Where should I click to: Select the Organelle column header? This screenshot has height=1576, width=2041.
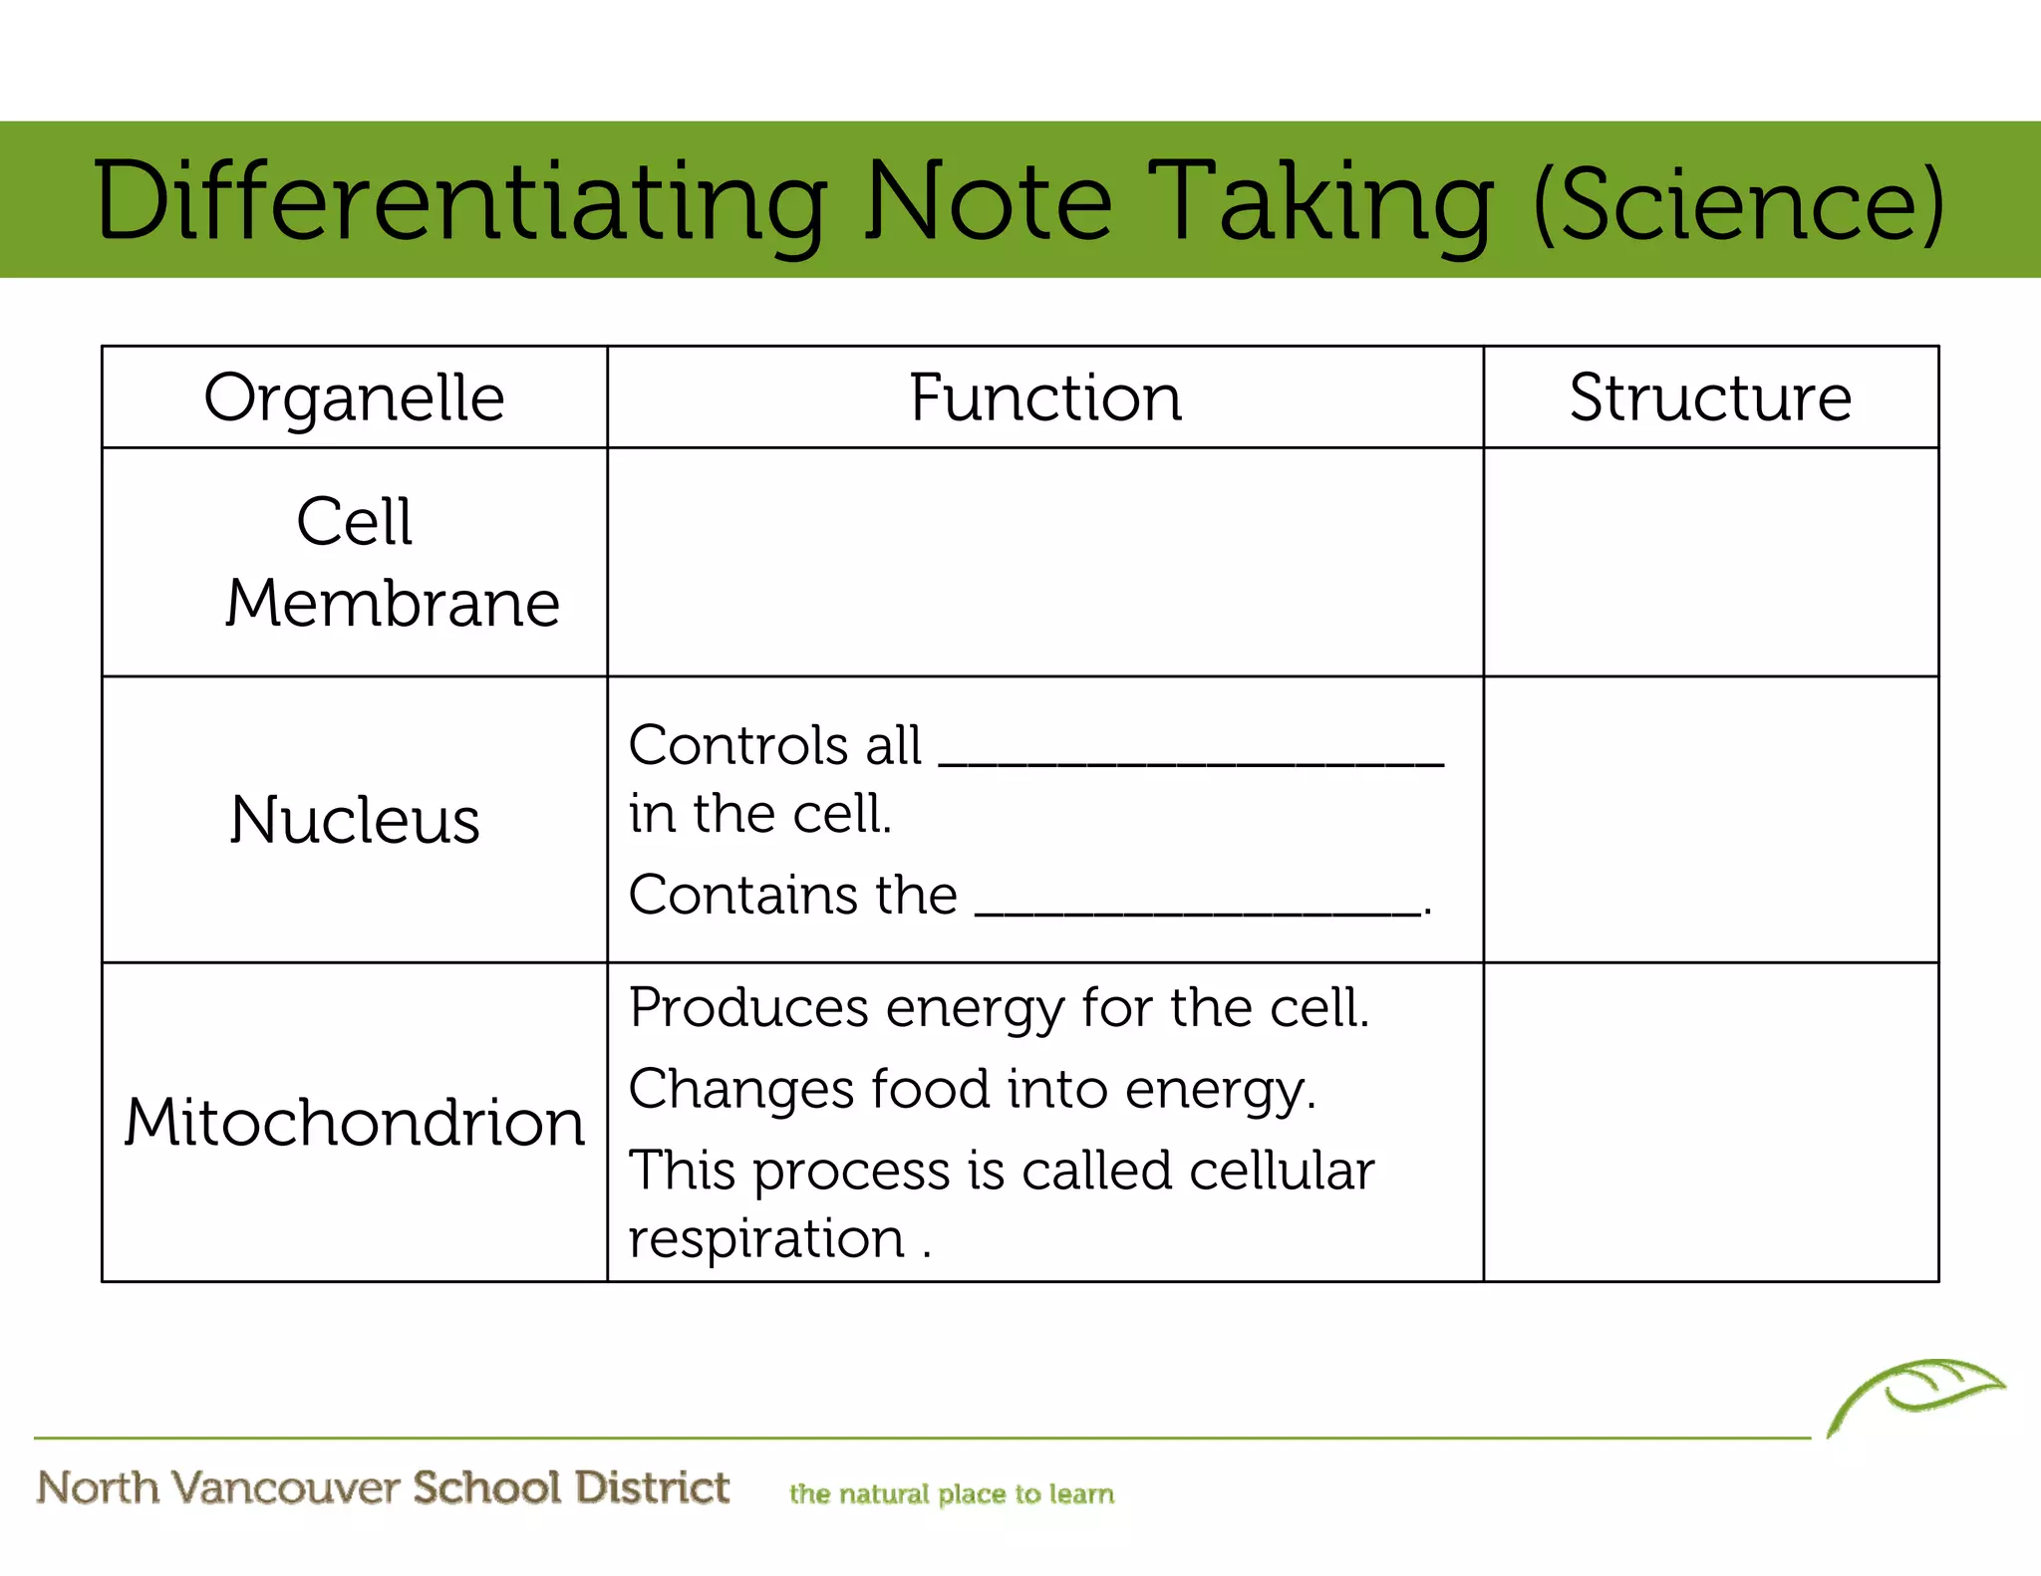(354, 397)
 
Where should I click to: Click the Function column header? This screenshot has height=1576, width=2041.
(1045, 397)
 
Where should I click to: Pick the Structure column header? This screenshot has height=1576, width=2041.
(1710, 397)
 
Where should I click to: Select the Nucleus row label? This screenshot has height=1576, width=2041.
(355, 820)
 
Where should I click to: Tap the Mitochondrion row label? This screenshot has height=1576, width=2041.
(355, 1123)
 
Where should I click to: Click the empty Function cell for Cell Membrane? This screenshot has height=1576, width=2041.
(1045, 562)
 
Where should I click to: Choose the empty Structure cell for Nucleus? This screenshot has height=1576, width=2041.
(1710, 819)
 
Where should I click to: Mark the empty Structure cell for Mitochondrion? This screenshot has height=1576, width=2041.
(1710, 1122)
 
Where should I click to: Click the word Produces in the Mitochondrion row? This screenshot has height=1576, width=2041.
(748, 1008)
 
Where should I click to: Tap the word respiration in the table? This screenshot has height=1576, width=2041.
(766, 1239)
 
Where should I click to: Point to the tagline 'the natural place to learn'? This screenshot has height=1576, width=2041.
(952, 1494)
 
